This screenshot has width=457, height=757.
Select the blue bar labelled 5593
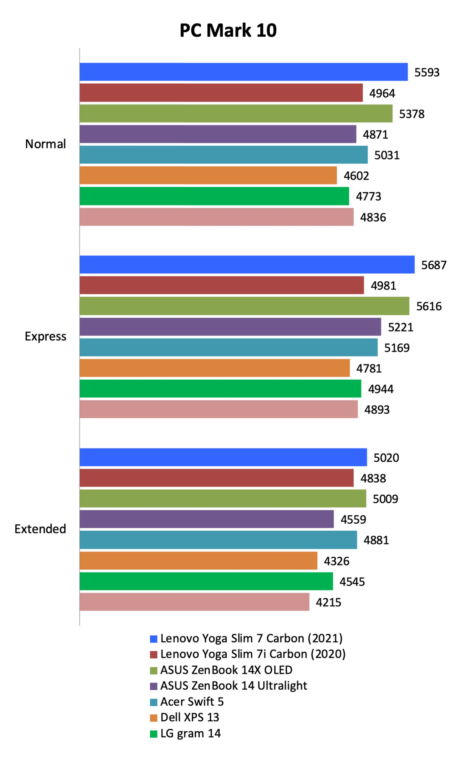243,72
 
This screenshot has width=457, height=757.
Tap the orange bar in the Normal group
208,175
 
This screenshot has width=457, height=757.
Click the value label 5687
434,265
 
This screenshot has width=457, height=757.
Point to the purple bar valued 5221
230,326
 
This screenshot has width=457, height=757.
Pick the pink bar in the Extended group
194,602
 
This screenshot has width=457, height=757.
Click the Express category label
45,336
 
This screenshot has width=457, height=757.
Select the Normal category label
45,144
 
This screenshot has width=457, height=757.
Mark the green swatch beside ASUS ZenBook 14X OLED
154,670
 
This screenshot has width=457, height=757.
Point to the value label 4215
328,602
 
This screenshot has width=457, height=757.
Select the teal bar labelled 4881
218,540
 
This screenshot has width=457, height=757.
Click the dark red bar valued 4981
221,285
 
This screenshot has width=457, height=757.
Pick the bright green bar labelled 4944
220,389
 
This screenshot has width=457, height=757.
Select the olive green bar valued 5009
223,498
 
